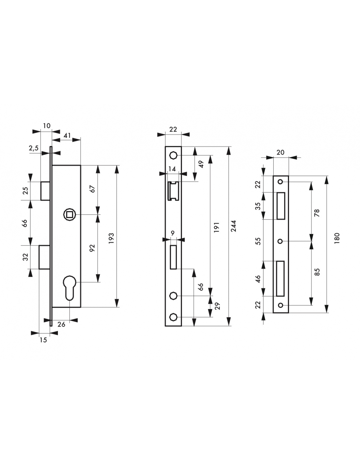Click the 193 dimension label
pos(111,238)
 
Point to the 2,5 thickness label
pos(34,148)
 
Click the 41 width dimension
pos(67,136)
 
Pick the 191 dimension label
pos(217,227)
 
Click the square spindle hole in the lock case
pos(69,214)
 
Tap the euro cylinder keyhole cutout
pos(70,288)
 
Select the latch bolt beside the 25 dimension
pos(45,191)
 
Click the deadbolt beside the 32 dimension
pos(44,257)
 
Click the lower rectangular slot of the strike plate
pos(280,279)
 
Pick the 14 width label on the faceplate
pos(172,169)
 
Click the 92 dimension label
pos(92,248)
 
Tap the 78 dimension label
pos(317,213)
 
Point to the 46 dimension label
pos(258,279)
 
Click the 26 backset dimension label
pos(61,324)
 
